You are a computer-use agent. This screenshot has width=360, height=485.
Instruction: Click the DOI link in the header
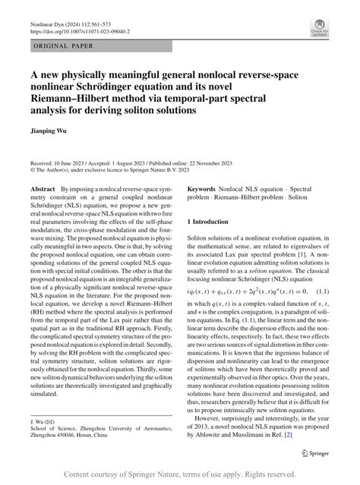(81, 33)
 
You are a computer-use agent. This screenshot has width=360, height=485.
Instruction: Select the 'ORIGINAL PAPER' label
(63, 47)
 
